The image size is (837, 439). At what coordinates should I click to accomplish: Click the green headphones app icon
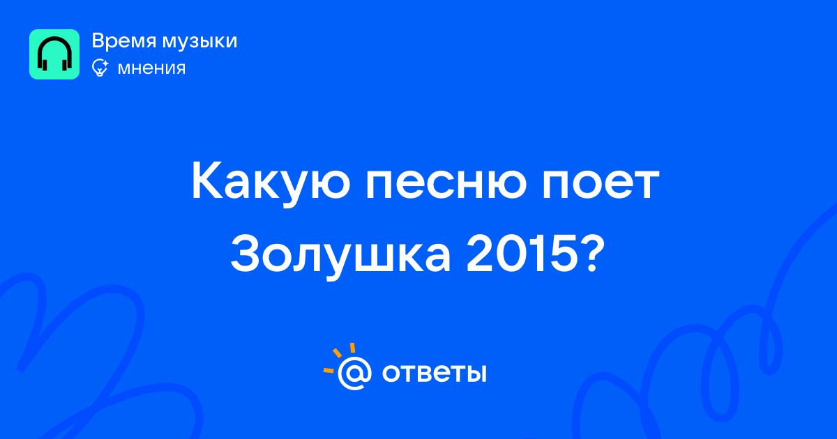coord(54,54)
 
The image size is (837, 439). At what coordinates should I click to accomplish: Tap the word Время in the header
coord(123,41)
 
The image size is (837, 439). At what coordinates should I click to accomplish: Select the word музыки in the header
coord(200,42)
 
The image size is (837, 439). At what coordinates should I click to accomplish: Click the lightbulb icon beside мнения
coord(100,68)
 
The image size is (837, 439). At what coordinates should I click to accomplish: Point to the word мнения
coord(152,68)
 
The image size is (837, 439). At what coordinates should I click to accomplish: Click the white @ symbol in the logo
coord(354,373)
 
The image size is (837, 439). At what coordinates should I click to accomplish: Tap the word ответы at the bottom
coord(435,373)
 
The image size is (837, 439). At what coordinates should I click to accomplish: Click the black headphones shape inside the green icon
coord(54,54)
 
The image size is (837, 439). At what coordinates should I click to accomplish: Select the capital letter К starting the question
coord(209,181)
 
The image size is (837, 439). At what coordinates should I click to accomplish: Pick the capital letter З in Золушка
coord(246,254)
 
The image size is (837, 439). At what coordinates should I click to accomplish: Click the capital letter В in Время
coord(98,40)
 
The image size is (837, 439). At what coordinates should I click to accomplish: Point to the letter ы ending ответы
coord(476,373)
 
